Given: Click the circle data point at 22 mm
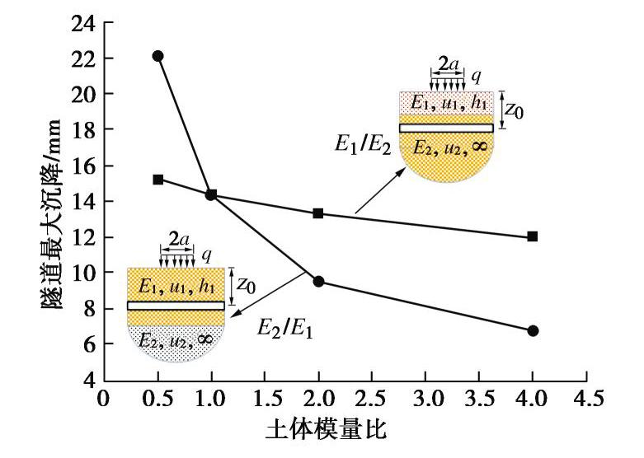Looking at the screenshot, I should click(157, 56).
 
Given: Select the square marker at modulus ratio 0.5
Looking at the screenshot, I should click(157, 179).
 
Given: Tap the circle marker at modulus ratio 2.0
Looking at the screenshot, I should click(318, 282).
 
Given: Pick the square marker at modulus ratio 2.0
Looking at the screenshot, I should click(318, 213).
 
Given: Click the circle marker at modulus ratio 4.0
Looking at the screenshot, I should click(533, 330).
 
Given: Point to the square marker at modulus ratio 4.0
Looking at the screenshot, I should click(533, 236).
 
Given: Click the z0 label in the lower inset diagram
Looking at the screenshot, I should click(245, 285).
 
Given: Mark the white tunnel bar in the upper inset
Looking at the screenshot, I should click(446, 128).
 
